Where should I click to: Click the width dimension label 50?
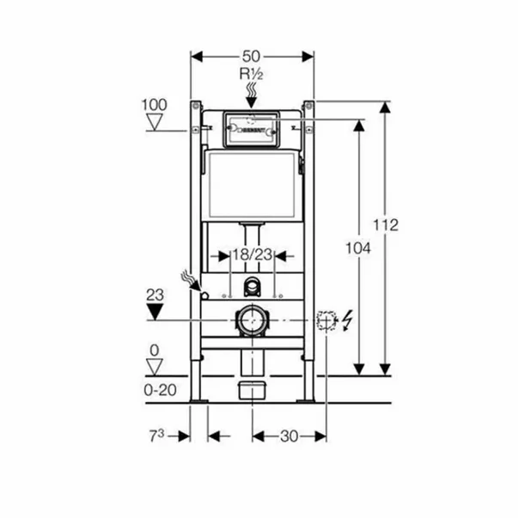coord(253,56)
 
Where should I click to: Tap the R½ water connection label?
coord(252,74)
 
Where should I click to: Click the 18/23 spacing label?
coord(252,255)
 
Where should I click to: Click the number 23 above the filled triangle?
coord(154,293)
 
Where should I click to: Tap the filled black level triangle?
coord(154,310)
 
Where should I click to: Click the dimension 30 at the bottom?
coord(289,436)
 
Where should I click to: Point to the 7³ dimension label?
coord(155,436)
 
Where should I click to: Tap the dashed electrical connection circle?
coord(325,320)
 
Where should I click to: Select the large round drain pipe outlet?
coord(252,320)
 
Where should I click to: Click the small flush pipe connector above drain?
coord(252,286)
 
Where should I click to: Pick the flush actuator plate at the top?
coord(252,128)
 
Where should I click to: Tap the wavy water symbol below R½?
coord(252,89)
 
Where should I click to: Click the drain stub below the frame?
coord(252,388)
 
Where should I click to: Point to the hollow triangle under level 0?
coord(154,366)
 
